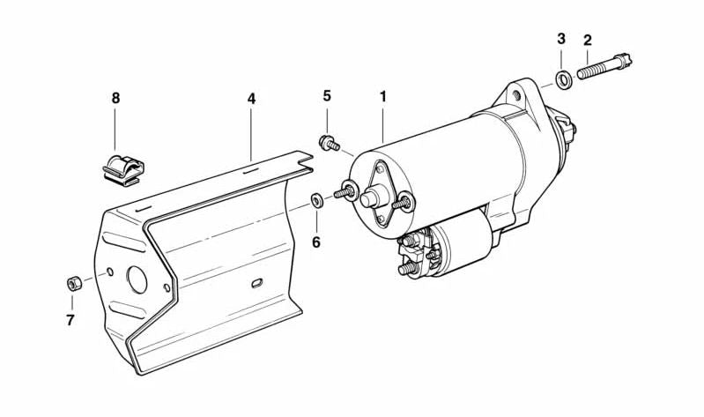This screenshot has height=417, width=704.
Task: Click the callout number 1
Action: click(x=383, y=95)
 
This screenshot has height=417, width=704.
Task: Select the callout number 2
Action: click(x=587, y=40)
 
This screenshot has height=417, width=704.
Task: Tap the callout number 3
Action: click(x=561, y=40)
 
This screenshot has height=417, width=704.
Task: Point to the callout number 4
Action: click(x=251, y=99)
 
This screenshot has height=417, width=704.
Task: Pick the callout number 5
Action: click(x=326, y=95)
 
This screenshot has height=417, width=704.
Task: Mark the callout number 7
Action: click(x=70, y=320)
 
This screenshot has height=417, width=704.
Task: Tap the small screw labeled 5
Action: click(x=330, y=142)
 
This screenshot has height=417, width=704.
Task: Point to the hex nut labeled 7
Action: click(x=75, y=284)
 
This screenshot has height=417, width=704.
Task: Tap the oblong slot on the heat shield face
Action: click(x=256, y=284)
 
